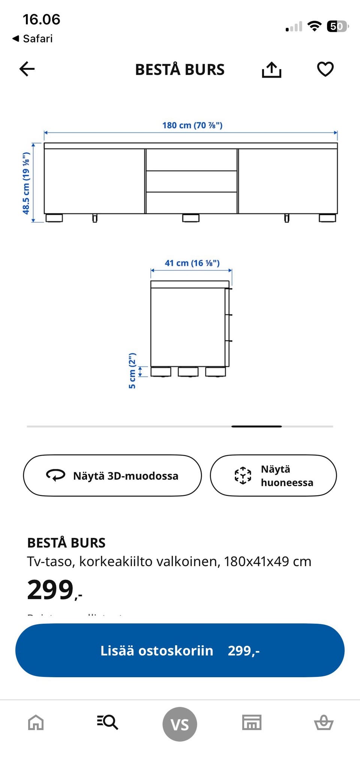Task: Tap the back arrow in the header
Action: (27, 69)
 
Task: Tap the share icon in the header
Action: (271, 69)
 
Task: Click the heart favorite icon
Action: (325, 69)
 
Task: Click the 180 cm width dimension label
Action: (192, 125)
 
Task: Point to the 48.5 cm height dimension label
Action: (26, 183)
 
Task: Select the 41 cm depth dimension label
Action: (192, 263)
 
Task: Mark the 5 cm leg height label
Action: (132, 371)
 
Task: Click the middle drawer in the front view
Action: (191, 181)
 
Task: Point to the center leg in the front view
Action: (191, 218)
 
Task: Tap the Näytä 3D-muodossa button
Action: (112, 476)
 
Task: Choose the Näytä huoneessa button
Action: (273, 476)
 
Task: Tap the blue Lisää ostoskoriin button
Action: (180, 650)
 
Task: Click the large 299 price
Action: (51, 590)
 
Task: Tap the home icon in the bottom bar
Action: (36, 722)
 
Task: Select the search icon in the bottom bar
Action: (108, 722)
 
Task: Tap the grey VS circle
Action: (180, 724)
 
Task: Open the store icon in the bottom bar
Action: (252, 722)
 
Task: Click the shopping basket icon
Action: (324, 722)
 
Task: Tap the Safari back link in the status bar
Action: (33, 39)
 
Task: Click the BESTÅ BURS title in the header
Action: (180, 70)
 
